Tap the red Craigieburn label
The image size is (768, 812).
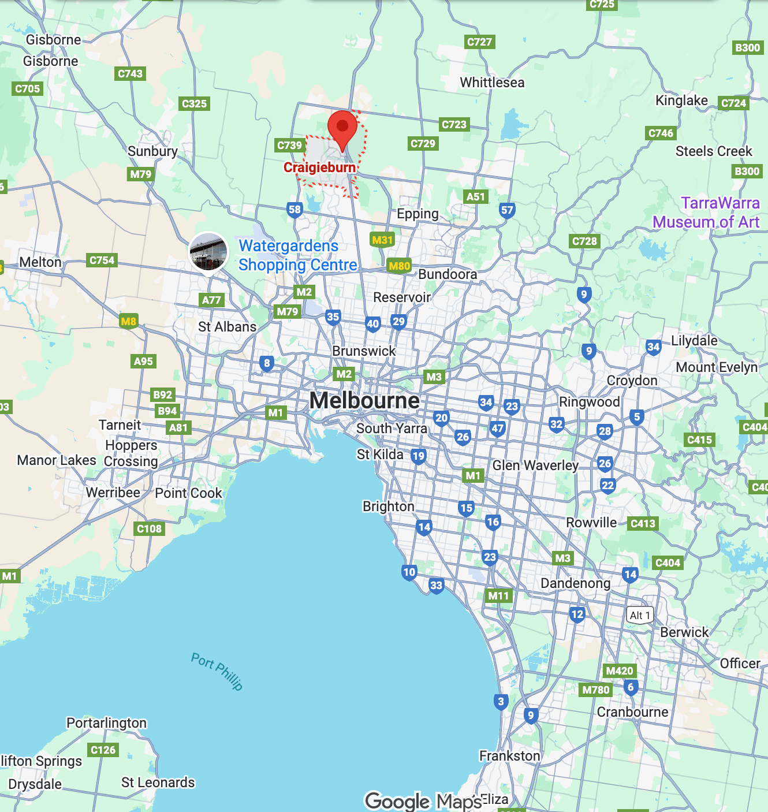coord(319,167)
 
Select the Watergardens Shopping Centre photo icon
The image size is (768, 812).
coord(208,251)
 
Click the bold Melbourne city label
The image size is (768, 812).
coord(364,400)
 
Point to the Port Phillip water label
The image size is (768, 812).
coord(217,671)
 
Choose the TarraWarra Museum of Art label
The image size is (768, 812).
coord(706,213)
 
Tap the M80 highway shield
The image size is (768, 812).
coord(399,266)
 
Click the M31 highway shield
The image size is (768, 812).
coord(382,240)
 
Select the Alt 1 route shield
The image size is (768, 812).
coord(640,615)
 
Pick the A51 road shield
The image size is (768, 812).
coord(476,196)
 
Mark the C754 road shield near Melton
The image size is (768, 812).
coord(102,260)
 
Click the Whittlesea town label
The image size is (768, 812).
coord(492,83)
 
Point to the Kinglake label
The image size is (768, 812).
coord(681,100)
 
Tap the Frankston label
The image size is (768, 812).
coord(509,755)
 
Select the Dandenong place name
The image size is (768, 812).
coord(575,583)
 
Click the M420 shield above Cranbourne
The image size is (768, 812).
coord(620,671)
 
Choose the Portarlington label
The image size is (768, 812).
coord(106,723)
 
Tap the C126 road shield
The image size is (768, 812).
coord(103,750)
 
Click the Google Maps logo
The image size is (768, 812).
coord(423,801)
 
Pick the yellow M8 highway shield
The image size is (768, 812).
coord(128,321)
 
